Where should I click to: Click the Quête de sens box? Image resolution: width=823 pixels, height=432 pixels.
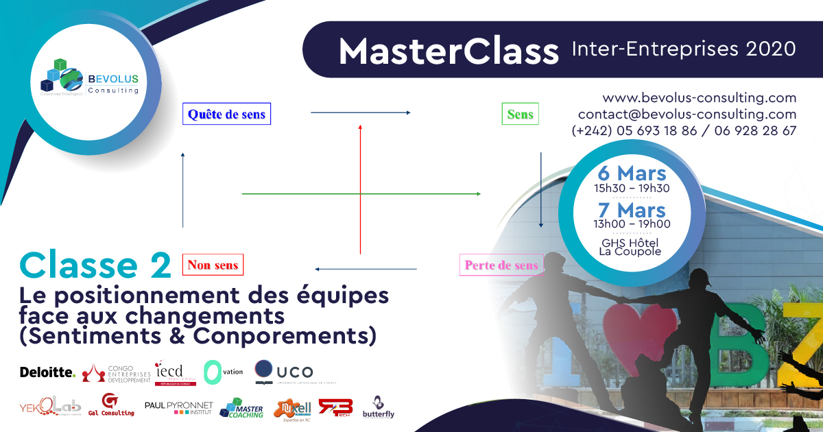tap(226, 114)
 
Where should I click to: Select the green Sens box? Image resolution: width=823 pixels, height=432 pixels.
tap(520, 114)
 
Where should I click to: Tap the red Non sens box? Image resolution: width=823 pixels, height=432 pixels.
tap(213, 265)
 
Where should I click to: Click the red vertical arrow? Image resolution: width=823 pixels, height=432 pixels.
tap(360, 189)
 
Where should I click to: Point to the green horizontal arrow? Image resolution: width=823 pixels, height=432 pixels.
tap(361, 194)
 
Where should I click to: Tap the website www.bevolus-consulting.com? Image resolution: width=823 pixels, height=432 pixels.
tap(699, 98)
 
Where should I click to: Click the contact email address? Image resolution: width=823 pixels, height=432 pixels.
tap(687, 115)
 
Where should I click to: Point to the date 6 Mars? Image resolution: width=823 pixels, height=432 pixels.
tap(632, 173)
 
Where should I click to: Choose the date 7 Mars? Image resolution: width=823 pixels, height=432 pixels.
tap(632, 209)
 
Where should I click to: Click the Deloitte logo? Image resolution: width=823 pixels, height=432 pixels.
tap(47, 372)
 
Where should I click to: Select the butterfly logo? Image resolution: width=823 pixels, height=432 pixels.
tap(379, 407)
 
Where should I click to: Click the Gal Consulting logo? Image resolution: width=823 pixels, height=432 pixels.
tap(110, 406)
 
